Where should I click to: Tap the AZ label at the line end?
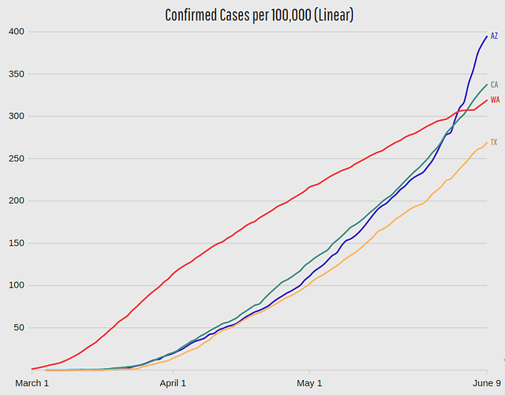pos(494,36)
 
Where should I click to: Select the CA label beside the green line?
pos(494,85)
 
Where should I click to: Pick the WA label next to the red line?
pos(495,100)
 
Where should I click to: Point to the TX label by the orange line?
pos(494,142)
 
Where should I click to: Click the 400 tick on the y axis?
pos(17,32)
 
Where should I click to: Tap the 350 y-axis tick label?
pos(17,74)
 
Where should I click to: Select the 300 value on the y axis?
pos(17,116)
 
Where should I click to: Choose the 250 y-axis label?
pos(17,159)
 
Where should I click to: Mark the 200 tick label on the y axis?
pos(17,201)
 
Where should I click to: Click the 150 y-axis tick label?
pos(17,243)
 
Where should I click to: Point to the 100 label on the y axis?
pos(17,285)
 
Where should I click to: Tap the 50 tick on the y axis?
pos(20,327)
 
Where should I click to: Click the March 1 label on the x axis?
pos(32,383)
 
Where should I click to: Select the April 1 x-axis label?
pos(173,383)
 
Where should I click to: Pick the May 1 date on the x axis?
pos(309,383)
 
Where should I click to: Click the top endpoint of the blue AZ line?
pos(486,36)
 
